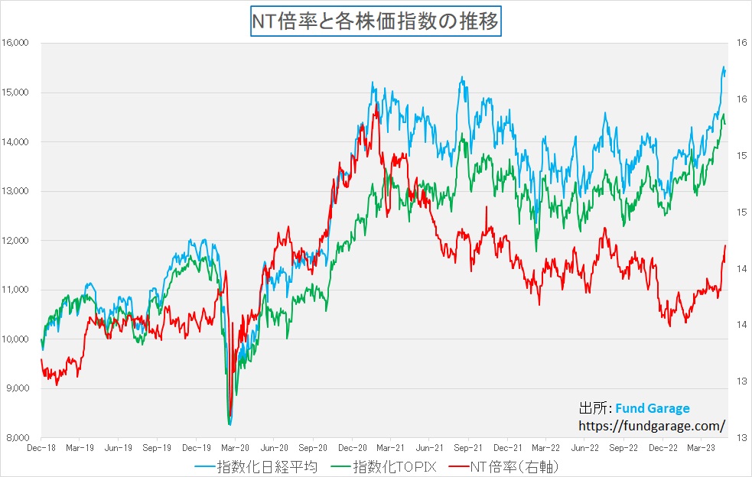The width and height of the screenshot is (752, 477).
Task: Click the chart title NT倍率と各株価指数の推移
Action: click(x=376, y=21)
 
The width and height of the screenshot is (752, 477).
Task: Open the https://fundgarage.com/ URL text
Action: click(x=652, y=425)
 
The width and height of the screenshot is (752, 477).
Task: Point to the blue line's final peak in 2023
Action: click(x=724, y=67)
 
